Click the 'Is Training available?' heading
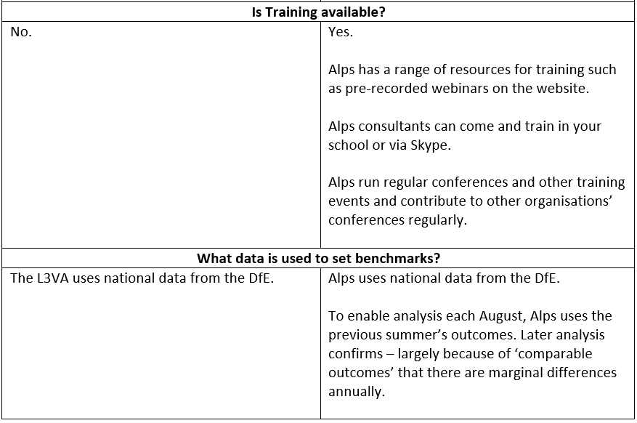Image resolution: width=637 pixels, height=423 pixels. click(318, 12)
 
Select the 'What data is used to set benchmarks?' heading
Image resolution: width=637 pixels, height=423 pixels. click(318, 259)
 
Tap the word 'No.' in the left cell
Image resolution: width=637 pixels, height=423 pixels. click(21, 32)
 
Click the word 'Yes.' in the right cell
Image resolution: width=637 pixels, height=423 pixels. click(341, 32)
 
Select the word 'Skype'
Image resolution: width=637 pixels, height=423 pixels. click(429, 145)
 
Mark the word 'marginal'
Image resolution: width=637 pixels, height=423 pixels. click(518, 373)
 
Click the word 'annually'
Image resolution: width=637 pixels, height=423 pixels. click(355, 392)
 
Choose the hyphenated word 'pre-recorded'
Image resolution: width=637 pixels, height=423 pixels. click(386, 89)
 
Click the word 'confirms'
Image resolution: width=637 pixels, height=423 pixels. click(355, 353)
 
